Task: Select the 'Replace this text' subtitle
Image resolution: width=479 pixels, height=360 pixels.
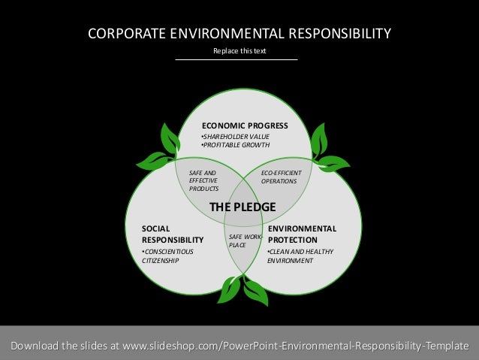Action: pyautogui.click(x=236, y=50)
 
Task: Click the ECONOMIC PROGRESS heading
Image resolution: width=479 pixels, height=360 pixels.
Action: pyautogui.click(x=244, y=126)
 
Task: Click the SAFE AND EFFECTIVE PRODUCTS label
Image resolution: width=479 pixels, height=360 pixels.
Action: pyautogui.click(x=203, y=180)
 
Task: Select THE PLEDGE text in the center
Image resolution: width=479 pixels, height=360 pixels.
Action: pyautogui.click(x=242, y=207)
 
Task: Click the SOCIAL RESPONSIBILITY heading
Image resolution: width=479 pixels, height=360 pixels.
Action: pyautogui.click(x=173, y=234)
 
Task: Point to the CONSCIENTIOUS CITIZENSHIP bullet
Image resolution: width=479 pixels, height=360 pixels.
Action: pyautogui.click(x=167, y=256)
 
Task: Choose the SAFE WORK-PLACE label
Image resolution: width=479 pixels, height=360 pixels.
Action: pyautogui.click(x=243, y=241)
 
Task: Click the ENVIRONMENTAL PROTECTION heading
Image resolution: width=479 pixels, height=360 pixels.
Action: pyautogui.click(x=302, y=234)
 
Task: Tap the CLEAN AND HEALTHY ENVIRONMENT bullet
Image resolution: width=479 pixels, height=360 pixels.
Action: pyautogui.click(x=300, y=256)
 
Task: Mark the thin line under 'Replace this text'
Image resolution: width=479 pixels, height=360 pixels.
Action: pyautogui.click(x=236, y=59)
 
